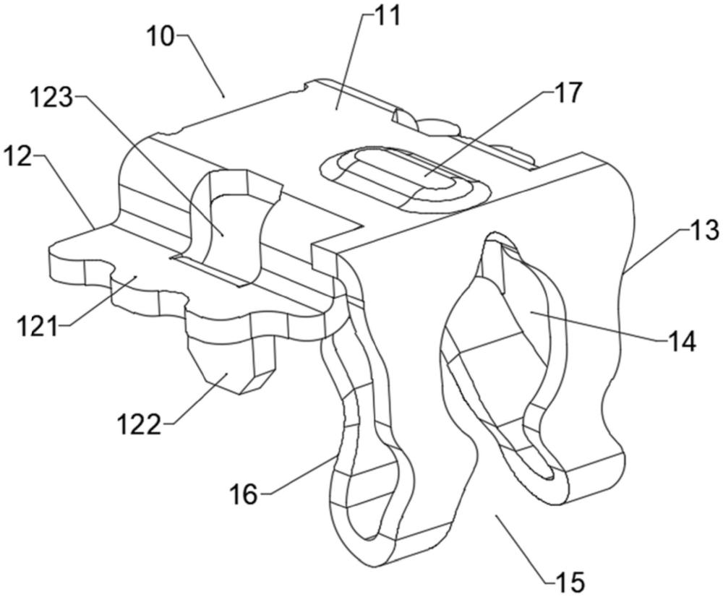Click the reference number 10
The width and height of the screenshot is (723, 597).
[161, 35]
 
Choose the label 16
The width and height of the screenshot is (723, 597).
[244, 494]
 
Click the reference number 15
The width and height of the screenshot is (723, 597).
[570, 582]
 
